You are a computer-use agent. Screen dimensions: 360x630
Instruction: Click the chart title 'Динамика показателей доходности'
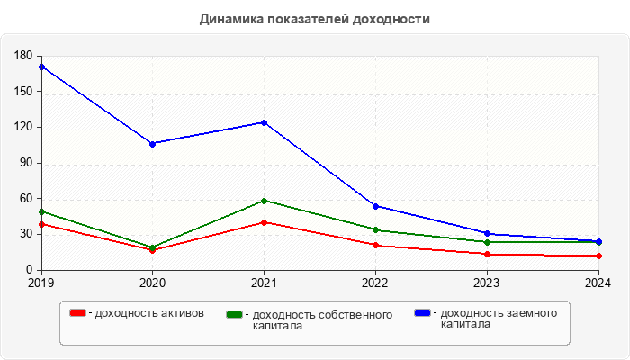click(315, 18)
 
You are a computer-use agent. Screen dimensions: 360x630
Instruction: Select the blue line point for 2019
click(41, 67)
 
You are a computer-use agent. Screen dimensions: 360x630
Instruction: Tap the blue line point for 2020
click(152, 143)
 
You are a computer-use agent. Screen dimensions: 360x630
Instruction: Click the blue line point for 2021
click(264, 122)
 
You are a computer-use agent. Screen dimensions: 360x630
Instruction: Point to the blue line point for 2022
click(375, 206)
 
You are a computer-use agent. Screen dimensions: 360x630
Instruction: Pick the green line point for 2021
click(264, 201)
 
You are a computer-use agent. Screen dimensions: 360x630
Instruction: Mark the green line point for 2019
click(41, 211)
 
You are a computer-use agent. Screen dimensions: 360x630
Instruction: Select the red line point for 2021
click(264, 222)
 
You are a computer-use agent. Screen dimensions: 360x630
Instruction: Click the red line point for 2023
click(487, 254)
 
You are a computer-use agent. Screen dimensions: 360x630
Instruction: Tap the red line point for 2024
click(598, 256)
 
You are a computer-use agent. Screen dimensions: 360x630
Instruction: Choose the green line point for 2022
click(375, 229)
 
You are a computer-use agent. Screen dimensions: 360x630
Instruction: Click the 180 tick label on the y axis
click(23, 56)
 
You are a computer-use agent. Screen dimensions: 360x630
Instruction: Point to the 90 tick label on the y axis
click(26, 163)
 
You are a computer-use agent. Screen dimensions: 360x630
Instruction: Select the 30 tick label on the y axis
click(26, 234)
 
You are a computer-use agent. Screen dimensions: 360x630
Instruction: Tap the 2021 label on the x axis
click(264, 283)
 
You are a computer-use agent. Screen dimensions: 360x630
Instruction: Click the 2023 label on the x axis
click(487, 283)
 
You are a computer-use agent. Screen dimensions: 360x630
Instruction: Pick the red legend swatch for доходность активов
click(78, 313)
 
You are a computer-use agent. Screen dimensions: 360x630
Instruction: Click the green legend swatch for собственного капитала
click(235, 315)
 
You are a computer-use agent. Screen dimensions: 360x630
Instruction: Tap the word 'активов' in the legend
click(183, 313)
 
